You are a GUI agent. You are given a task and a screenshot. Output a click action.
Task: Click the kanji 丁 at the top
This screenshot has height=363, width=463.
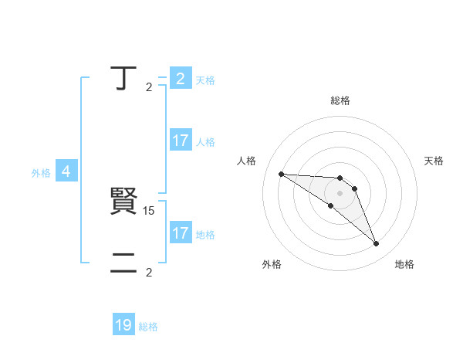pos(123,78)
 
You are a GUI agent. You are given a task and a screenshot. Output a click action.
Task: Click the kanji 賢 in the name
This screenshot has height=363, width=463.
pos(123,202)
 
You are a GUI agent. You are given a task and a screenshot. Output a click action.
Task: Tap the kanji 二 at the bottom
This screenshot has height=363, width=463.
pos(123,264)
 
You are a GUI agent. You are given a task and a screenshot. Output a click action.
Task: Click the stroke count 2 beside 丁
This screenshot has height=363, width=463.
pos(149,87)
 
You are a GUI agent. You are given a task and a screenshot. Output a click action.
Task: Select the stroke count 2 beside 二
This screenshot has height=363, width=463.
pos(149,272)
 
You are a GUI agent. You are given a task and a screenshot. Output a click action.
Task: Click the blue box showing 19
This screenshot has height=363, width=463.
pos(123,325)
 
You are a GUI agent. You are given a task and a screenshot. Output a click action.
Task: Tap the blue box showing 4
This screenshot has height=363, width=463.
pos(66,171)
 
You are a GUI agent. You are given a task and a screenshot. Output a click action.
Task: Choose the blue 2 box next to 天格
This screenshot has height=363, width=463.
pos(180,78)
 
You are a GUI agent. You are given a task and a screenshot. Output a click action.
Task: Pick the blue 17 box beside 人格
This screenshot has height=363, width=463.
pos(180,141)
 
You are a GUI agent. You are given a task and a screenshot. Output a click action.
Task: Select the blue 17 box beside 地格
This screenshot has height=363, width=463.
pos(180,232)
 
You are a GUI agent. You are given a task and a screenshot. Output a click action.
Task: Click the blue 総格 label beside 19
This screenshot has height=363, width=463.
pos(148,327)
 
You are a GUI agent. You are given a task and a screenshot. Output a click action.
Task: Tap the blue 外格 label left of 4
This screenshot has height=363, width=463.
pos(41,173)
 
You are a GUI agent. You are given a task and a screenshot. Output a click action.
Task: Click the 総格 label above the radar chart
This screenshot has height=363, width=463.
pos(340,100)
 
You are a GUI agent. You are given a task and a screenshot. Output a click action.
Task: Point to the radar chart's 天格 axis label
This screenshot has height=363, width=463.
pos(434,161)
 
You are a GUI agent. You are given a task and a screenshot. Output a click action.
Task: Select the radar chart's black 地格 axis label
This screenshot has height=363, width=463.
pos(404,264)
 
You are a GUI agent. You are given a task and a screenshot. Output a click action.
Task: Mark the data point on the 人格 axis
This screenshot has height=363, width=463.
pos(281,174)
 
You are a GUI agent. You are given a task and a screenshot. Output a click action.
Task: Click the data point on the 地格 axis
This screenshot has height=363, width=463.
pos(376,243)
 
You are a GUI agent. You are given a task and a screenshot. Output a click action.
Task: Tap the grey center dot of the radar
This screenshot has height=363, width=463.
pos(340,193)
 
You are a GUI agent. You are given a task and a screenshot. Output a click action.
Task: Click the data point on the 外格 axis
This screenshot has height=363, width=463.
pos(330,205)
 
